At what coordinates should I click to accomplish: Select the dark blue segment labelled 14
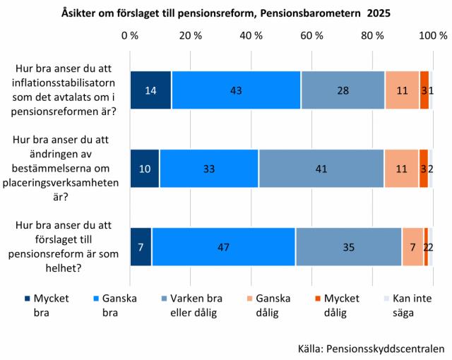click(x=150, y=90)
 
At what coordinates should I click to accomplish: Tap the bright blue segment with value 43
click(x=236, y=90)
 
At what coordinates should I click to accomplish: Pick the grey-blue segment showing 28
click(x=343, y=90)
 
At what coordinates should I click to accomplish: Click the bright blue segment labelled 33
click(x=209, y=169)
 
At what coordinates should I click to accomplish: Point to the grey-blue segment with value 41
click(x=321, y=169)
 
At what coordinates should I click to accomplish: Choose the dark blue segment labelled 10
click(x=145, y=169)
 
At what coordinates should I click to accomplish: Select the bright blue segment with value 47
click(x=223, y=246)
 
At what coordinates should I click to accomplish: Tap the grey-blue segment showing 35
click(x=349, y=246)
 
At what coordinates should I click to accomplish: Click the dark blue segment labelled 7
click(x=141, y=246)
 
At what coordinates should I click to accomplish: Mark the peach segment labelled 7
click(x=412, y=246)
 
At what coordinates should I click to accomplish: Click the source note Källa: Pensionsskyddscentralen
click(x=371, y=347)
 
